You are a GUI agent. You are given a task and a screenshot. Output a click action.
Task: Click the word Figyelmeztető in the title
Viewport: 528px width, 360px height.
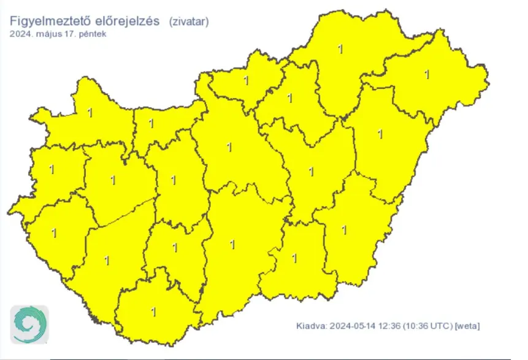(x=50, y=21)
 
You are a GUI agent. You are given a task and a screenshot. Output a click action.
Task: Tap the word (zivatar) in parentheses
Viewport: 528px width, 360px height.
(x=189, y=21)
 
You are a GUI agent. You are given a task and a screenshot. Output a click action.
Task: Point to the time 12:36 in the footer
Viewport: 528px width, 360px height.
(x=391, y=325)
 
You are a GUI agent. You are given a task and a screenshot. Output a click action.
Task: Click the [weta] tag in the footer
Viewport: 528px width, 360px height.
(x=467, y=325)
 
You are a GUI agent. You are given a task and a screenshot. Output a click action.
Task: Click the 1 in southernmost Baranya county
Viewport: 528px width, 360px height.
(x=153, y=312)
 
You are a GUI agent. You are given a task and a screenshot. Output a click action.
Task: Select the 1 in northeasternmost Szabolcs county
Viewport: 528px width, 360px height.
(x=427, y=75)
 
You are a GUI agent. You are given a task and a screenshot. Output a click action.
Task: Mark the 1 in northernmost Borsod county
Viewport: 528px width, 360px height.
(x=340, y=48)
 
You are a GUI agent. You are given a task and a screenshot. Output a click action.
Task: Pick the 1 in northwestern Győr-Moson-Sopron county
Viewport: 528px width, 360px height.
(x=91, y=113)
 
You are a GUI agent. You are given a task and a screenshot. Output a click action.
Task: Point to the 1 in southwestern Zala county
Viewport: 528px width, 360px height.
(x=54, y=232)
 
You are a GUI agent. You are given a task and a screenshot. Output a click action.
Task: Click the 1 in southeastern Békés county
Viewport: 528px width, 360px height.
(x=344, y=230)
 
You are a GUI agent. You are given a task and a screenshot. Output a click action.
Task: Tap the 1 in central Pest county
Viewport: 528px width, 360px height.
(x=229, y=147)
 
